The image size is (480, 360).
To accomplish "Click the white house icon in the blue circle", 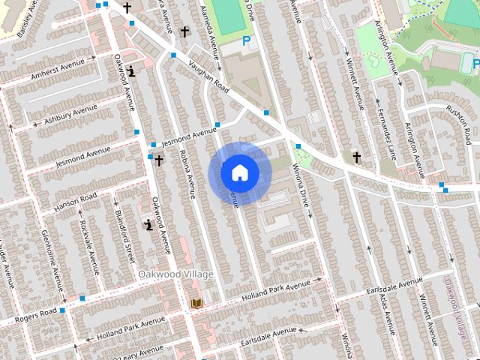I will coord(239,172).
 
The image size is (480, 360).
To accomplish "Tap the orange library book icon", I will coord(197,303).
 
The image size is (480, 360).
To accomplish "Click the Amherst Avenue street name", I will coord(60,70).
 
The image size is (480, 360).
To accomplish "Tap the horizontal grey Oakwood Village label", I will coord(175,274).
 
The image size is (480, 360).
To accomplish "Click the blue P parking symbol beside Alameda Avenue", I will coord(245,43).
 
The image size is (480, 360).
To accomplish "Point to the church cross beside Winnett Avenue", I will coord(357,157).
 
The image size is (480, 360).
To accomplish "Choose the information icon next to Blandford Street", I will coord(149,223).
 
